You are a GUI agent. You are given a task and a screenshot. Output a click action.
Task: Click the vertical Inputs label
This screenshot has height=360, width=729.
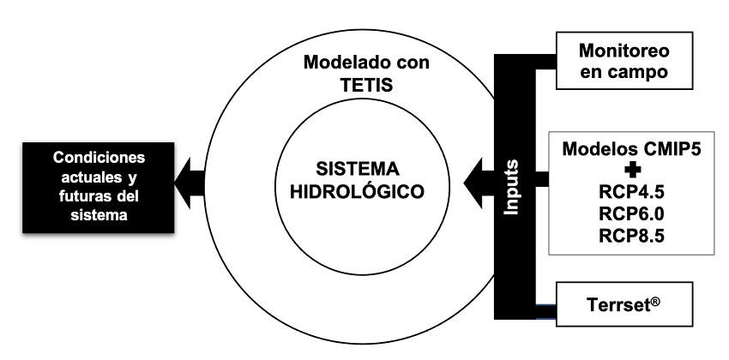(513, 183)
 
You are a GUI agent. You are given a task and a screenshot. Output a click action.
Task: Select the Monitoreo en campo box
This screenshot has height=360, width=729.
(624, 61)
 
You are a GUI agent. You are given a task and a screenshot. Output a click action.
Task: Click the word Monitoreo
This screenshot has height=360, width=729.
(624, 51)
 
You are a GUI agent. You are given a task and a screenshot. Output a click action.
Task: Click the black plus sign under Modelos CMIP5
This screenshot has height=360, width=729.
(633, 169)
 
